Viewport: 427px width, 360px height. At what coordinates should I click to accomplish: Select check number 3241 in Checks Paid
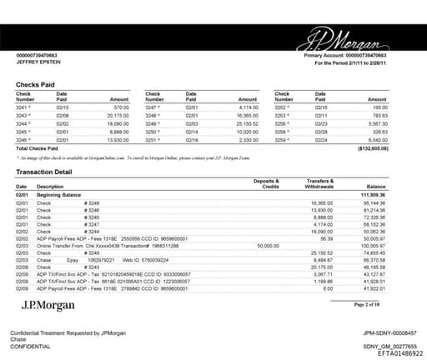26,107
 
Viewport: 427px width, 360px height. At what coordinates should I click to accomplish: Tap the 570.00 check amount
122,107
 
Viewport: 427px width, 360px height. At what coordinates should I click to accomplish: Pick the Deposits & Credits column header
266,182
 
